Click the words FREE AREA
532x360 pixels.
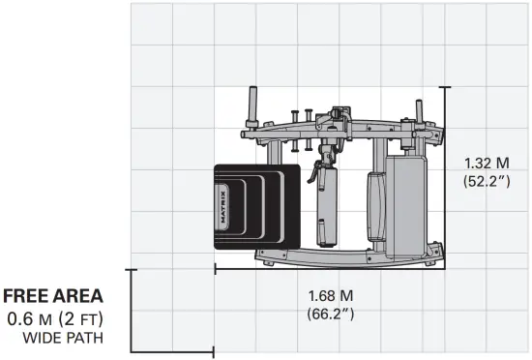pyautogui.click(x=53, y=295)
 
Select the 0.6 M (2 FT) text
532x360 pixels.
pyautogui.click(x=55, y=319)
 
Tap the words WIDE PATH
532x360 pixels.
pyautogui.click(x=63, y=338)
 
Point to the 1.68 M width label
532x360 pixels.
pyautogui.click(x=331, y=296)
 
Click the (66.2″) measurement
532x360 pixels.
pyautogui.click(x=331, y=314)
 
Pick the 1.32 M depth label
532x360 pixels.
pyautogui.click(x=487, y=164)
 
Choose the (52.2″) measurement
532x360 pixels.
pyautogui.click(x=487, y=181)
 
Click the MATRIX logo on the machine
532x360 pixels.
pyautogui.click(x=223, y=207)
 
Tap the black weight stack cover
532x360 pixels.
pyautogui.click(x=257, y=207)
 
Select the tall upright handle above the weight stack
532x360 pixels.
pyautogui.click(x=253, y=106)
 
